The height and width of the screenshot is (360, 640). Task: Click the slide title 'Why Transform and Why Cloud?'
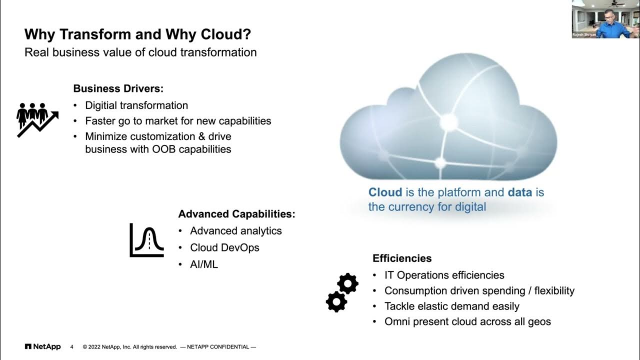tap(138, 34)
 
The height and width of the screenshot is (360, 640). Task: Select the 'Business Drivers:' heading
tap(118, 88)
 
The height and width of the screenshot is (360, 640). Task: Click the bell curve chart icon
tap(146, 240)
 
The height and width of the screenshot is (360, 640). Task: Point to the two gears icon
tap(342, 292)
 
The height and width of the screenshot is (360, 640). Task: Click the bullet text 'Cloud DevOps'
tap(224, 247)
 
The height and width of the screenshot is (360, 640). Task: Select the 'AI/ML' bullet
tap(204, 264)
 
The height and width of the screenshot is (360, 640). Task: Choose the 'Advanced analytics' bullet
tap(236, 230)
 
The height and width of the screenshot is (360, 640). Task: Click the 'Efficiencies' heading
tap(402, 258)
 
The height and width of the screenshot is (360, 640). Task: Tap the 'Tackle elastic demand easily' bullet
tap(451, 306)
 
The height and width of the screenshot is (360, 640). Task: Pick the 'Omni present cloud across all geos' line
tap(467, 321)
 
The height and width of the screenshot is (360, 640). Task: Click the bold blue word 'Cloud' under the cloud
tap(385, 192)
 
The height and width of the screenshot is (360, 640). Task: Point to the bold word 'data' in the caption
tap(520, 192)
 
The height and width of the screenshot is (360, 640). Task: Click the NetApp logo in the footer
tap(42, 346)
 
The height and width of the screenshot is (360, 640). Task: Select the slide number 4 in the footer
tap(72, 347)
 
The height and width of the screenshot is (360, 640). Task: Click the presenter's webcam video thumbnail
tap(605, 19)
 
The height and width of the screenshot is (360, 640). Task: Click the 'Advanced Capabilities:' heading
tap(236, 214)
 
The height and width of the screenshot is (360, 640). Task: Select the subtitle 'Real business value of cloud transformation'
tap(140, 52)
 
